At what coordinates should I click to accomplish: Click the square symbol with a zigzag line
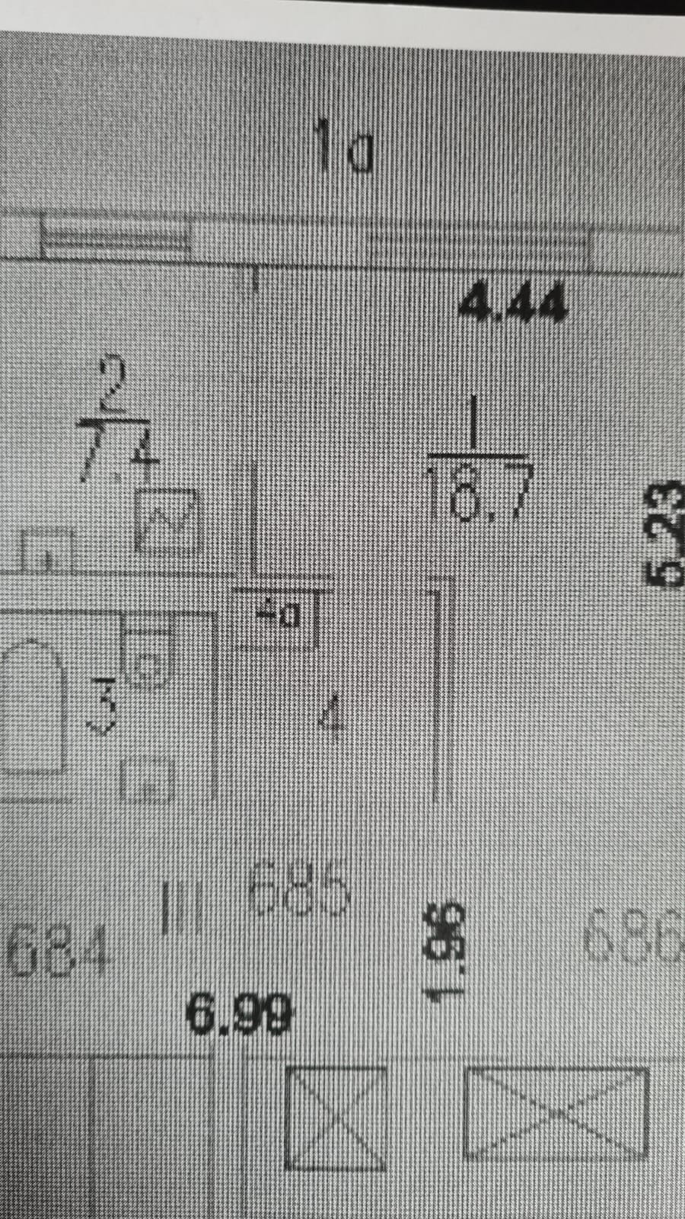(x=168, y=520)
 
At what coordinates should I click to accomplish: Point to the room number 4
(x=331, y=716)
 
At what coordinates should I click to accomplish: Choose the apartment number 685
(x=300, y=888)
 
